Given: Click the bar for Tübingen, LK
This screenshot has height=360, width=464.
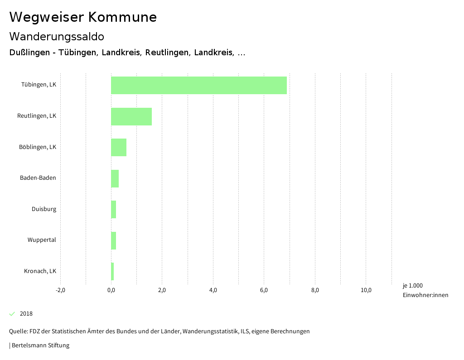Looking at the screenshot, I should click(199, 85).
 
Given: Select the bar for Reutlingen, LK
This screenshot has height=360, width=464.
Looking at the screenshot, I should click(131, 116).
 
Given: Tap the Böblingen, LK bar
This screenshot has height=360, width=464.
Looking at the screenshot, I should click(119, 147).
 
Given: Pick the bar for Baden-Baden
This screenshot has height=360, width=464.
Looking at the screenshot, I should click(115, 178).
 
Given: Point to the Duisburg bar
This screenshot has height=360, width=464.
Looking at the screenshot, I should click(113, 210).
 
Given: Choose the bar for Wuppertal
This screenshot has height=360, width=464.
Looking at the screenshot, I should click(113, 240).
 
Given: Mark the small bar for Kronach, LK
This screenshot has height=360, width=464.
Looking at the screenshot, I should click(112, 271).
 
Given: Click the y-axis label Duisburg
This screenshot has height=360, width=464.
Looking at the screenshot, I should click(44, 209).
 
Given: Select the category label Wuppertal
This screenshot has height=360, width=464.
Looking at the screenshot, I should click(42, 240).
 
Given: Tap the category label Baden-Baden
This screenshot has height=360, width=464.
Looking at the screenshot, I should click(38, 178).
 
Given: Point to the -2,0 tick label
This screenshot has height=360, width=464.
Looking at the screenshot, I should click(60, 290).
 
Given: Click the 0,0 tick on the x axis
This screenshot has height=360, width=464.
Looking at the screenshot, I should click(111, 290).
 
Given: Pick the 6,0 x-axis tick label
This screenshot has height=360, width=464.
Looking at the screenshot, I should click(264, 290).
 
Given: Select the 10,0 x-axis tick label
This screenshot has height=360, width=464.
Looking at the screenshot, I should click(366, 290).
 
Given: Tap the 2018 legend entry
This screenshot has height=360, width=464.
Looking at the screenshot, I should click(26, 314).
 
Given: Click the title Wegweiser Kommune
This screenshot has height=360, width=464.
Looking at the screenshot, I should click(83, 17).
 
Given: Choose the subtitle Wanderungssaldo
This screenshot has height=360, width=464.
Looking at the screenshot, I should click(57, 36).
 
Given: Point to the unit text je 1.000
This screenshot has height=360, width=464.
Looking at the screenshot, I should click(412, 286).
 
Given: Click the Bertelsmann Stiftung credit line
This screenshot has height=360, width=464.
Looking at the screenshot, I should click(40, 346).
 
